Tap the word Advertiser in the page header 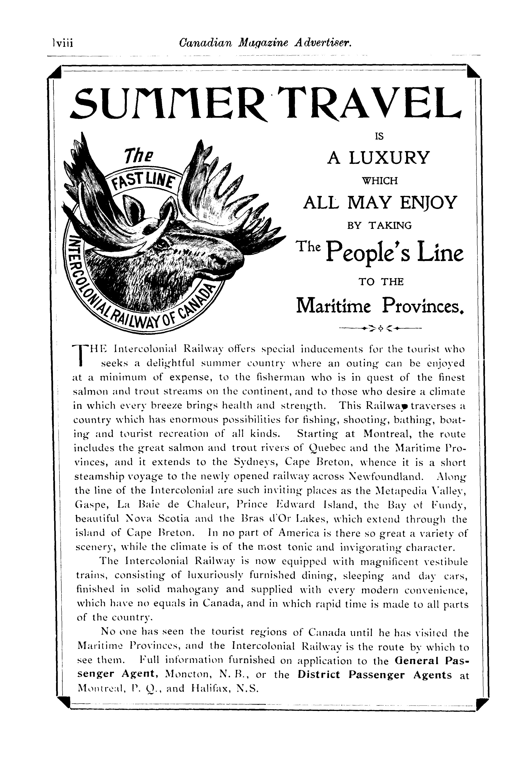(322, 43)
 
